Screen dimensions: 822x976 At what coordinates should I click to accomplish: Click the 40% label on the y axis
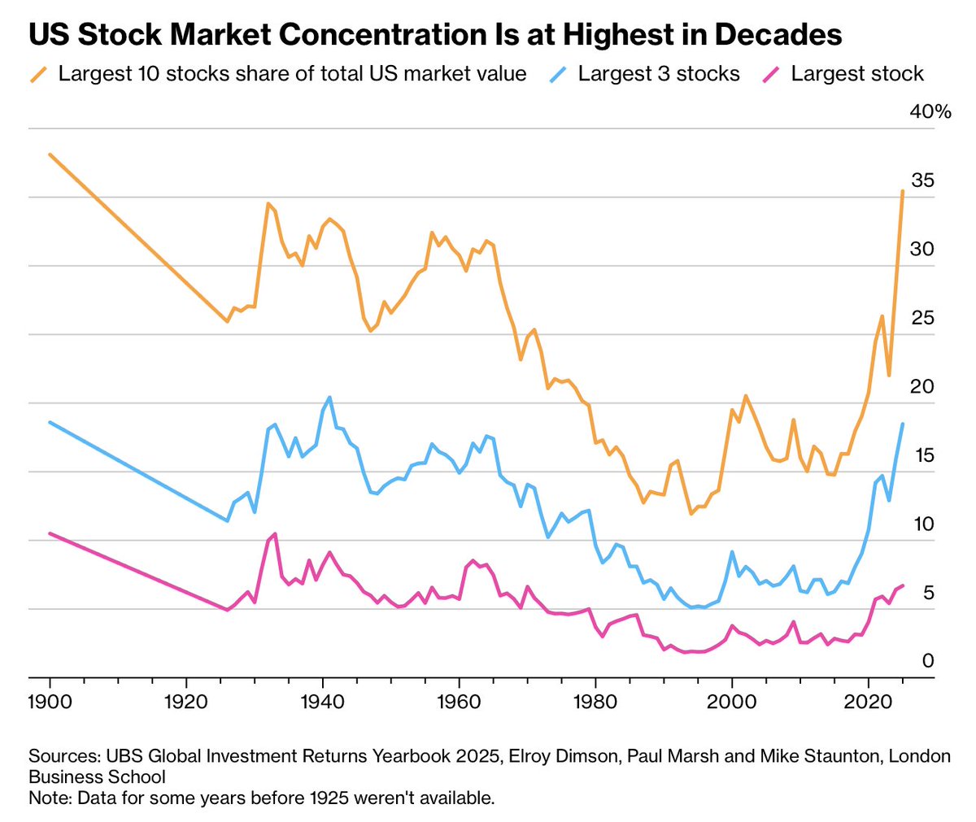click(x=930, y=111)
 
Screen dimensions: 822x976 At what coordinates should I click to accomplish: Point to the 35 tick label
click(x=922, y=180)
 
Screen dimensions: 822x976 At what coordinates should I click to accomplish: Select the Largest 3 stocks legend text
click(x=659, y=74)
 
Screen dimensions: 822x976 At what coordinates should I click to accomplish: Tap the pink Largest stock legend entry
click(x=857, y=74)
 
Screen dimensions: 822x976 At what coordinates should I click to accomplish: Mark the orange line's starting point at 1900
click(x=50, y=154)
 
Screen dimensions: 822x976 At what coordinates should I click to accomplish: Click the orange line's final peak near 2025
click(x=903, y=191)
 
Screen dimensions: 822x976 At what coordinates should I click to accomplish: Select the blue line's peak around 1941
click(x=329, y=397)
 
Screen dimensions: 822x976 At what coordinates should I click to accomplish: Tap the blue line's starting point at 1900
click(x=50, y=422)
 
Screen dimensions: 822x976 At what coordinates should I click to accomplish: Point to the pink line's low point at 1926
click(x=227, y=610)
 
